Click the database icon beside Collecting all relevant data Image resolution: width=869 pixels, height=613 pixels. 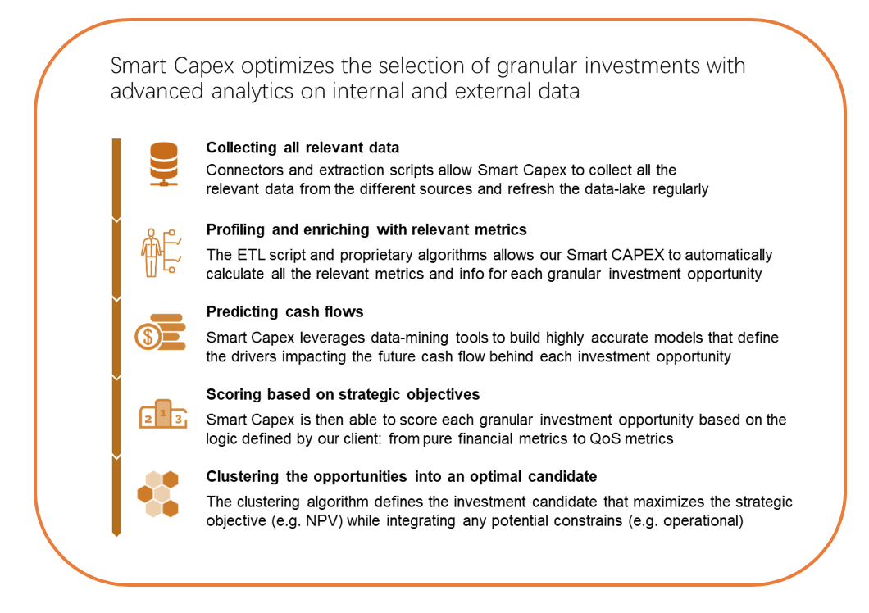163,164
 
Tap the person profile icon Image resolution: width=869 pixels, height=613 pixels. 161,252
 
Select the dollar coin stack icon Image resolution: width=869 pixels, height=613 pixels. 160,333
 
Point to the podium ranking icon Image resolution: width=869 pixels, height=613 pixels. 163,414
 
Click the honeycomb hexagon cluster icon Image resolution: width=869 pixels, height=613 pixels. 158,494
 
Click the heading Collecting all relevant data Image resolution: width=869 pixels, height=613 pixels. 303,148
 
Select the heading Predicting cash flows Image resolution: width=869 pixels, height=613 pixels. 284,311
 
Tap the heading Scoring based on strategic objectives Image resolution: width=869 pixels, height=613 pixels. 343,394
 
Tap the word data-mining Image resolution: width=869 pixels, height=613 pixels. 410,338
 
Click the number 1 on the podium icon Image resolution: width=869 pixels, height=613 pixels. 163,413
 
